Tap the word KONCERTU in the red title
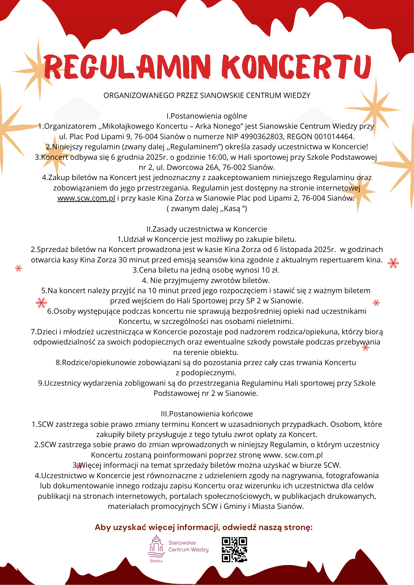pyautogui.click(x=296, y=67)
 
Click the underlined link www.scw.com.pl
pyautogui.click(x=86, y=198)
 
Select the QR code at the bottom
pyautogui.click(x=234, y=549)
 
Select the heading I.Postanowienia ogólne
pyautogui.click(x=207, y=116)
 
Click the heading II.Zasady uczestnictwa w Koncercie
pyautogui.click(x=207, y=229)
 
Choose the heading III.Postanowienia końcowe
pyautogui.click(x=207, y=414)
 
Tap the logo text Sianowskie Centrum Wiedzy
pyautogui.click(x=188, y=546)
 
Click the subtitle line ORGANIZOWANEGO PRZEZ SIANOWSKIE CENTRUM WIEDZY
pyautogui.click(x=207, y=96)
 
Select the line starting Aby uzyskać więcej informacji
pyautogui.click(x=203, y=527)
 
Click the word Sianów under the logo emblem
pyautogui.click(x=156, y=561)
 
